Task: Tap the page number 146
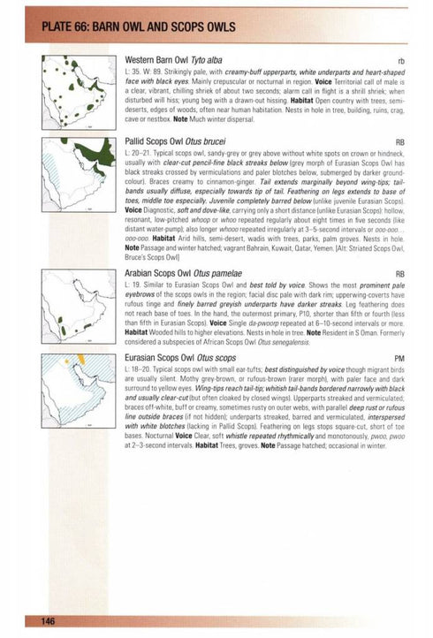[49, 622]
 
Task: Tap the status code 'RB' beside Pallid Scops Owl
[399, 141]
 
